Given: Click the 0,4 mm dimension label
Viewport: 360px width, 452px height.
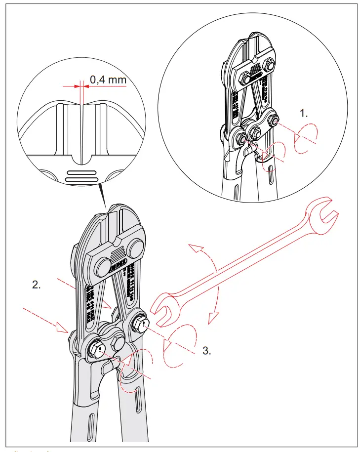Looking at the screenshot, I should coord(108,79).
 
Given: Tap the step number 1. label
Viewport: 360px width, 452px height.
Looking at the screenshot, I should coord(304,113).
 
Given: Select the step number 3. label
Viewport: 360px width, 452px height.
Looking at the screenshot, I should coord(207,351).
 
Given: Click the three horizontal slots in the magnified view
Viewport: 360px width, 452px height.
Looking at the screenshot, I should coord(83,176).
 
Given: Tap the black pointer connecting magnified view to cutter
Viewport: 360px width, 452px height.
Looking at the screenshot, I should coord(104,195).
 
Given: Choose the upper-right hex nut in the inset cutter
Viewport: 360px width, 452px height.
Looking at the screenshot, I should coord(270,65).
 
